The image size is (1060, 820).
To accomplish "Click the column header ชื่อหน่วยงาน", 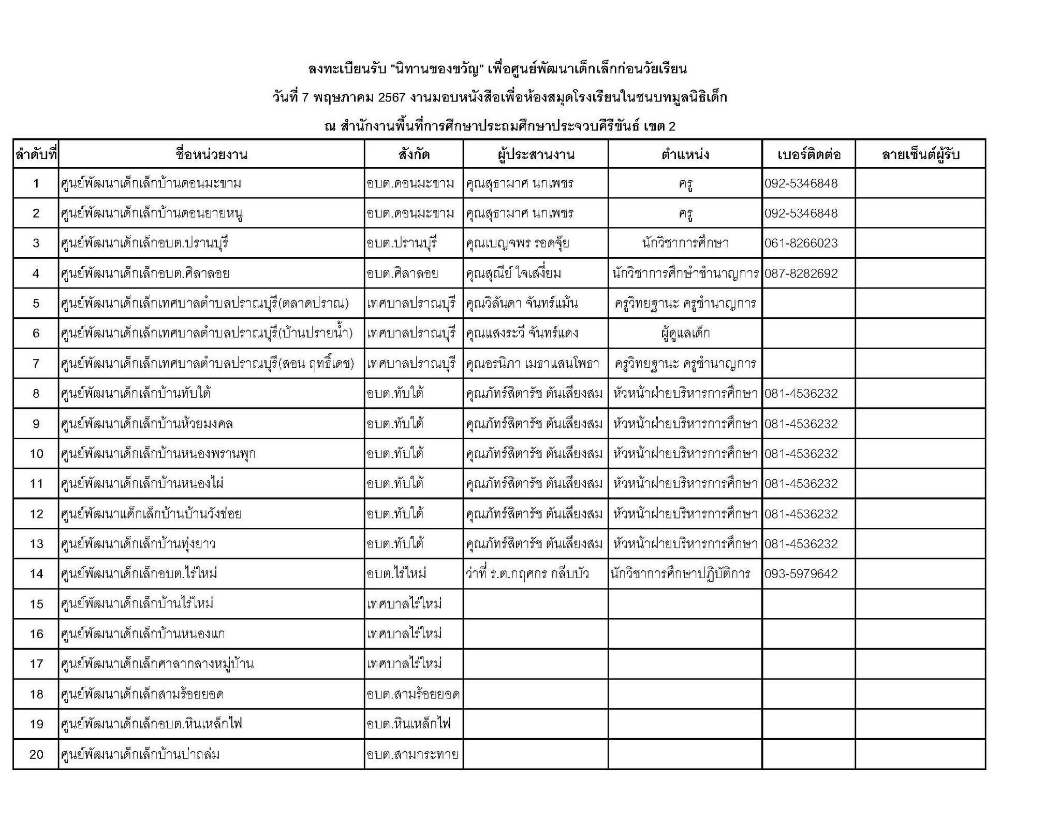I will click(x=211, y=154).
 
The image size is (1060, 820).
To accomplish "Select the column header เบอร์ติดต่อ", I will click(x=808, y=154).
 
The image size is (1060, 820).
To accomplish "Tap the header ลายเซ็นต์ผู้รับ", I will click(x=920, y=154).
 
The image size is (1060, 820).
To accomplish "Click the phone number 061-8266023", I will click(x=801, y=243).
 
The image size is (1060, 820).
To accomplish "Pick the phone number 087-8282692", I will click(x=801, y=273).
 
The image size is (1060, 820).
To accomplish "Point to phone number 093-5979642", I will click(x=801, y=573).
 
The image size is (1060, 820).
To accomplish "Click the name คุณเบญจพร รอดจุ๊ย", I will click(x=517, y=243).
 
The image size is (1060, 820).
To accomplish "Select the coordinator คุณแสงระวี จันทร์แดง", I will click(x=522, y=333).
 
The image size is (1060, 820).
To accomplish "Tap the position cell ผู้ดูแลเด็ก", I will click(x=685, y=333).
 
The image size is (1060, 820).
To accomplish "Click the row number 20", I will click(x=36, y=754).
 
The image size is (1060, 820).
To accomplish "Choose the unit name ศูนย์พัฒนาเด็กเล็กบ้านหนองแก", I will click(x=143, y=634).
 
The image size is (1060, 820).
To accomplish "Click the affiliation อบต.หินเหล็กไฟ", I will click(x=408, y=724).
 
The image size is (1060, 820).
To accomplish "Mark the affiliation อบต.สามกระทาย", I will click(x=412, y=754).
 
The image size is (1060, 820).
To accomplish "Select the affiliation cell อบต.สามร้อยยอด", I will click(x=413, y=694).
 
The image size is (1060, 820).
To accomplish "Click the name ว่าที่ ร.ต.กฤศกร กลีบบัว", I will click(x=527, y=573).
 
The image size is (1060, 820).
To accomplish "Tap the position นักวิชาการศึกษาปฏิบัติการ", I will click(x=680, y=573).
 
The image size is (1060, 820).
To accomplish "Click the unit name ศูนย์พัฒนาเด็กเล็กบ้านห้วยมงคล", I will click(x=147, y=424).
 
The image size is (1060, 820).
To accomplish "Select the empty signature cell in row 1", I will click(x=920, y=183).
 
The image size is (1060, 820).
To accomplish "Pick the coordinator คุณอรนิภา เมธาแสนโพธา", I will click(x=532, y=363).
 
